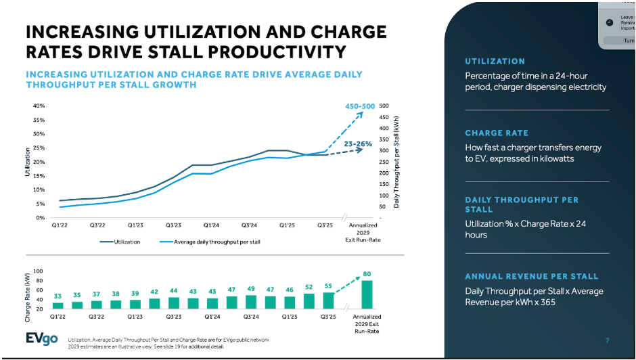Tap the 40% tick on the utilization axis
pyautogui.click(x=39, y=106)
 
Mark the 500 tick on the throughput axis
pyautogui.click(x=384, y=106)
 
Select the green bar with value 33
pyautogui.click(x=58, y=305)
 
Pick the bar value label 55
pyautogui.click(x=329, y=287)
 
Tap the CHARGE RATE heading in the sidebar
pyautogui.click(x=497, y=133)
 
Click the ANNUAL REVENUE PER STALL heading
pyautogui.click(x=531, y=277)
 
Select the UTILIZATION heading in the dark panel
pyautogui.click(x=495, y=62)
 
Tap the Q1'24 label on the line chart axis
pyautogui.click(x=212, y=225)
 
